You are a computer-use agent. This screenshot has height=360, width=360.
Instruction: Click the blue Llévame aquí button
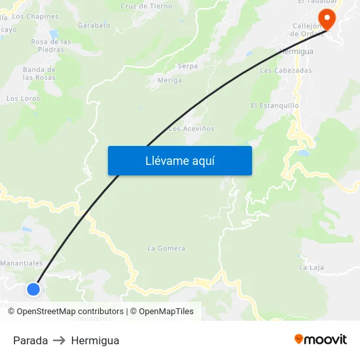179,161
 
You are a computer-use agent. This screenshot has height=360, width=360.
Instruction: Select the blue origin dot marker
33,289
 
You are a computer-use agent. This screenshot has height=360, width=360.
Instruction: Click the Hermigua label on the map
296,51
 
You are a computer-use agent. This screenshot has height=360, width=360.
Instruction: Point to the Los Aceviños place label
191,129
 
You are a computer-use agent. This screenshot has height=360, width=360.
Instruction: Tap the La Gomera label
166,248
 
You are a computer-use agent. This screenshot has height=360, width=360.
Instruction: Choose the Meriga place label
170,81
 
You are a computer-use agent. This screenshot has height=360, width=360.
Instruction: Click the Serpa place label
188,66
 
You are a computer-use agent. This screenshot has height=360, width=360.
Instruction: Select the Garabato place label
94,25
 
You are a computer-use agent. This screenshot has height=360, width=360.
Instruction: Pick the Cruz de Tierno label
147,6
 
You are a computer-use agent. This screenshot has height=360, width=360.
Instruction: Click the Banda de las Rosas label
39,73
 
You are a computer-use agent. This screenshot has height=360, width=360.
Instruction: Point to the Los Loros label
23,99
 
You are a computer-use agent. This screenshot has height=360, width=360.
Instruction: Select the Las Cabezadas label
285,70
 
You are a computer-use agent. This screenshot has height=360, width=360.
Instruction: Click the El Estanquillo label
275,105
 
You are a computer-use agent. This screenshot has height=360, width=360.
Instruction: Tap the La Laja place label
312,267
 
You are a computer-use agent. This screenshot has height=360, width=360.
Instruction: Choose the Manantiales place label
22,263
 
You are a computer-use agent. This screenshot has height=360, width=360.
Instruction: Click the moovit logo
320,339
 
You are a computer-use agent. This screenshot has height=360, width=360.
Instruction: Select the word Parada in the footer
30,340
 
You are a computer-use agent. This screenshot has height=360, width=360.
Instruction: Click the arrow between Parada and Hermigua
60,340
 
